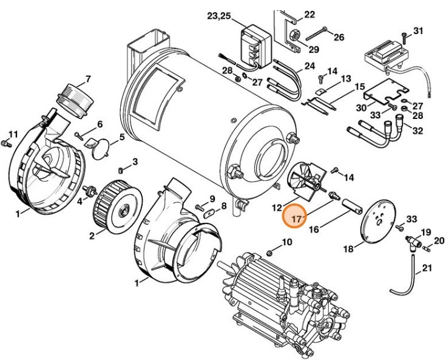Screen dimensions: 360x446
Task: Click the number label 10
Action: [287, 243]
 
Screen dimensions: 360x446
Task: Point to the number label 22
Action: [309, 14]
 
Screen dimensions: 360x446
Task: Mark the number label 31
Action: [417, 30]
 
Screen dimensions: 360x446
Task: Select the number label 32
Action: [417, 130]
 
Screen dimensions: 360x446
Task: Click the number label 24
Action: [309, 66]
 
